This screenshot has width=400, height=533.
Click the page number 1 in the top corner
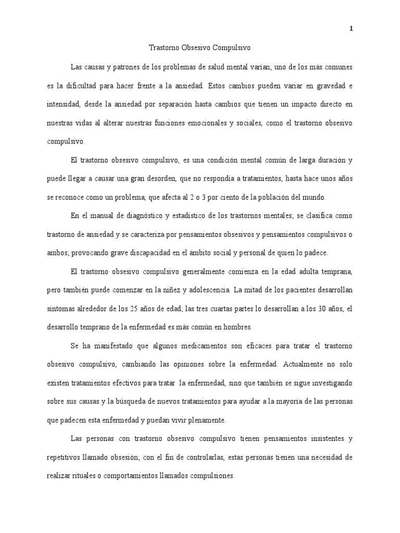pos(351,29)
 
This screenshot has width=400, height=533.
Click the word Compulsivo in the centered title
pos(232,47)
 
